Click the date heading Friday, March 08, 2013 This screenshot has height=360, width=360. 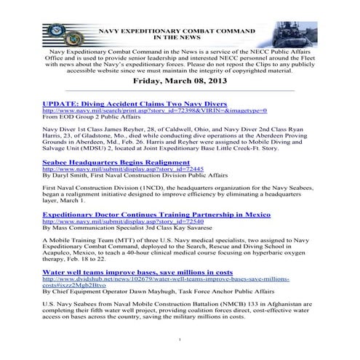tap(180, 82)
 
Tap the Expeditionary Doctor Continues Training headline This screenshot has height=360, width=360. tap(156, 215)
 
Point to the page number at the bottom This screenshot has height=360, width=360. tap(180, 339)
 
